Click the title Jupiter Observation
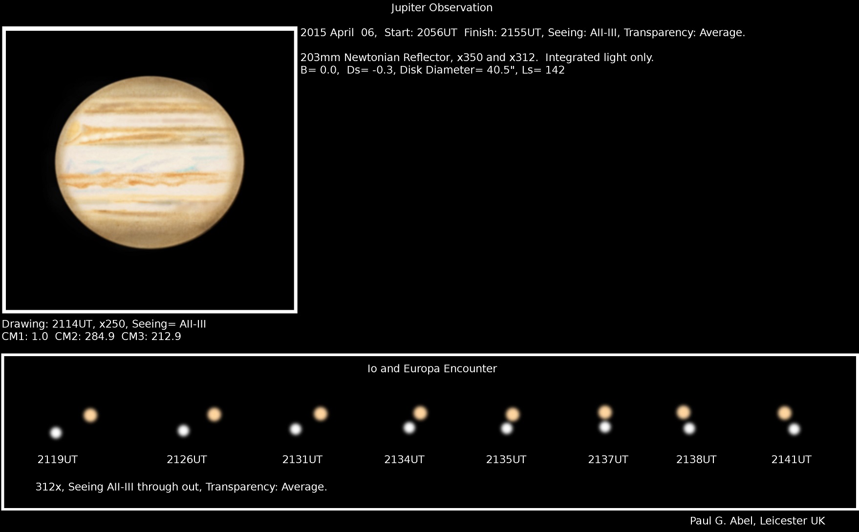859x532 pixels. coord(442,8)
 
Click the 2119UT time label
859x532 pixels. coord(58,460)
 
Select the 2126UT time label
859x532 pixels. coord(187,460)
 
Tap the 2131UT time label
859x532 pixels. coord(302,460)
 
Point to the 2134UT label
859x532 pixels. coord(404,460)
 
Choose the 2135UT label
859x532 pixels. coord(506,460)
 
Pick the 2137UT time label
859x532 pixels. coord(608,460)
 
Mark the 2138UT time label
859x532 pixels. coord(696,460)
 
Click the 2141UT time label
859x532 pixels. coord(791,460)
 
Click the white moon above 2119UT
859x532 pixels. coord(56,432)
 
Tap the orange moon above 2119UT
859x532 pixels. coord(90,415)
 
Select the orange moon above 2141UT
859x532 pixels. coord(785,413)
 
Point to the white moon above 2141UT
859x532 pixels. coord(795,429)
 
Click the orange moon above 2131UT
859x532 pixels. coord(321,414)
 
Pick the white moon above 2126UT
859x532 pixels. coord(183,430)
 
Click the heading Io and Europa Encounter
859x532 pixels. coord(432,369)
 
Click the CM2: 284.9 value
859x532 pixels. coord(85,337)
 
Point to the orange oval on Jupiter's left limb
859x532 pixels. coord(73,129)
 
